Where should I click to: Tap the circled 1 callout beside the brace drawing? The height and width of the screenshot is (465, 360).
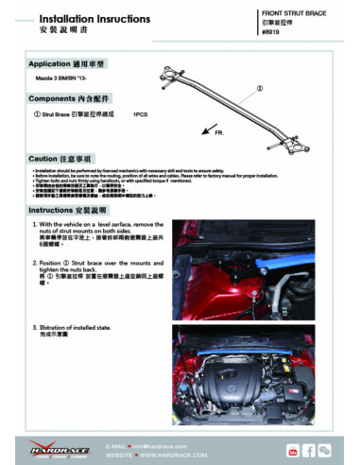pyautogui.click(x=259, y=88)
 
